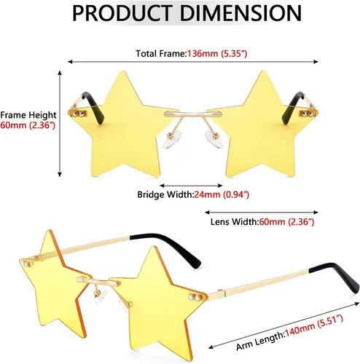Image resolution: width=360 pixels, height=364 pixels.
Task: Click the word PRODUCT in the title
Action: [122, 13]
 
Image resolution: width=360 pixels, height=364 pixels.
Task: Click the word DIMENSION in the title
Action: [241, 13]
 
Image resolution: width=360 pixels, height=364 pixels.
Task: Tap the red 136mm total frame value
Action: [203, 54]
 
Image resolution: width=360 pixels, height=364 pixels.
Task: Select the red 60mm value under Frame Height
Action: [14, 125]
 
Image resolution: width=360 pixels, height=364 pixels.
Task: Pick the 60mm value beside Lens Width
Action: [272, 222]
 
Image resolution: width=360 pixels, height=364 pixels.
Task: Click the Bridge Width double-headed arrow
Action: [191, 186]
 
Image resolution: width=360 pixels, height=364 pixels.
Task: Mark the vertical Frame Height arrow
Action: [60, 124]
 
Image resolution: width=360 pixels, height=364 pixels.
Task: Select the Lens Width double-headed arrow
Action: [262, 213]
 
